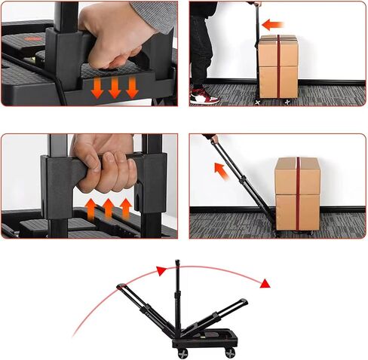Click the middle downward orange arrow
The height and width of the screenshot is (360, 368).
point(115,87)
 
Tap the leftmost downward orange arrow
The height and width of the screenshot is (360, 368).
point(97,87)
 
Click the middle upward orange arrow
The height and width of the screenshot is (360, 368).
point(108,207)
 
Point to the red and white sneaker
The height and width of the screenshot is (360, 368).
point(204,96)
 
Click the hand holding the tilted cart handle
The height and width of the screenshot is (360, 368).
point(214,139)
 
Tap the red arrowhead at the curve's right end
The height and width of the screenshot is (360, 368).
point(265,284)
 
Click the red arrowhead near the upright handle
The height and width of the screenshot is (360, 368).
point(160,270)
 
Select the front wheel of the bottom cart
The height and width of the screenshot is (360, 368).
point(229,352)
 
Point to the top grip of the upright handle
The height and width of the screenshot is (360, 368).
point(177,264)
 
